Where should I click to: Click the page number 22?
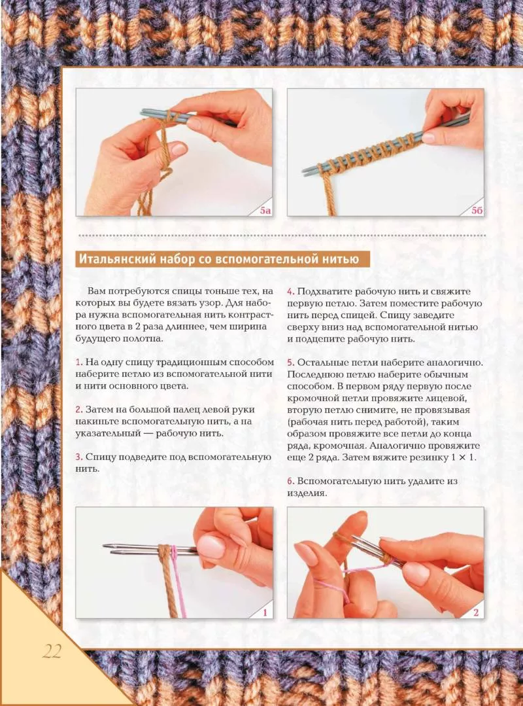(x=52, y=652)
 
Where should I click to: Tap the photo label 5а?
(x=265, y=210)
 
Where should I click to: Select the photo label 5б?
(x=477, y=210)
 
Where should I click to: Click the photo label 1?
(x=265, y=612)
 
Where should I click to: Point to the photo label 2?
(x=476, y=612)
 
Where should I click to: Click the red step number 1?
(x=78, y=362)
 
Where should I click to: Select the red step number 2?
(x=78, y=410)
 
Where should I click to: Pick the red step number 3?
(x=78, y=457)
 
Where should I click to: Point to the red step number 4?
(x=290, y=292)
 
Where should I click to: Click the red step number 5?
(x=290, y=362)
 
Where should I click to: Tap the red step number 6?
(x=290, y=481)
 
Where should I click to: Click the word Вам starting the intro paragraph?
(x=97, y=292)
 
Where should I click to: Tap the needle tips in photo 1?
(x=109, y=548)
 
